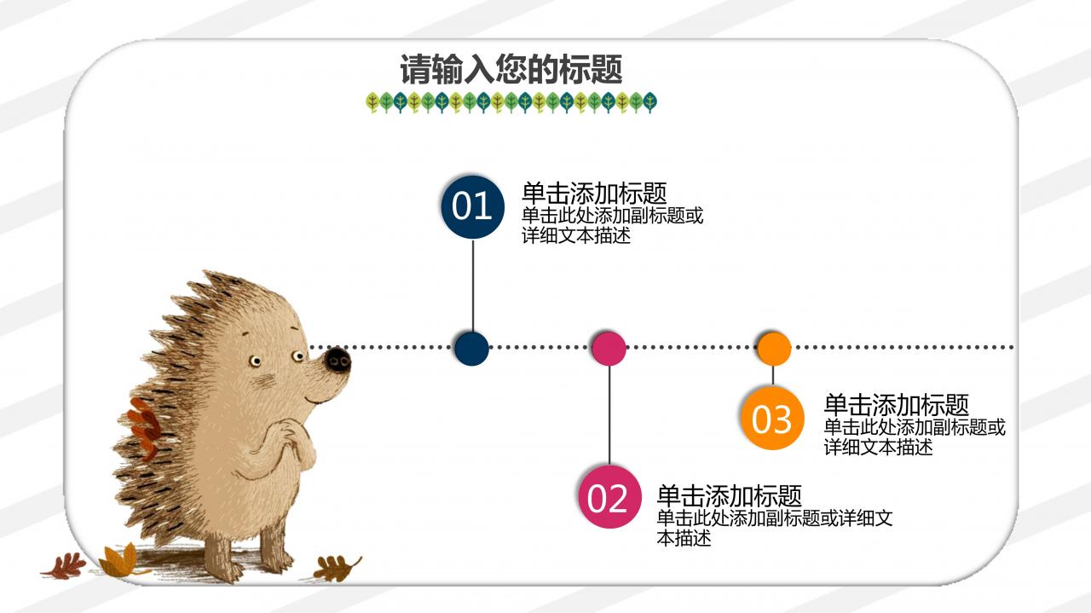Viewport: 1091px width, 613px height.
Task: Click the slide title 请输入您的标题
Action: click(511, 70)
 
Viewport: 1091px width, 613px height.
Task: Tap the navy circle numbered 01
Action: click(472, 206)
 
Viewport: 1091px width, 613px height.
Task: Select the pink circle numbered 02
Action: click(609, 497)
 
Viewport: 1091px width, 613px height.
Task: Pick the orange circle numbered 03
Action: click(772, 418)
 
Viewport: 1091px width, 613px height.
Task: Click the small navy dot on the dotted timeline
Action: click(471, 348)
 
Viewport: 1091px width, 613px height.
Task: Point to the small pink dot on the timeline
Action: click(609, 348)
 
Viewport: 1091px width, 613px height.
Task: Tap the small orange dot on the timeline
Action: click(773, 348)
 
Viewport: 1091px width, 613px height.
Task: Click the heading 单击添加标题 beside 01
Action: click(594, 193)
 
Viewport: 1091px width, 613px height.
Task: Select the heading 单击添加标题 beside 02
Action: click(730, 495)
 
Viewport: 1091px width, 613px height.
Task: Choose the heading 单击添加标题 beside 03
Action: click(896, 404)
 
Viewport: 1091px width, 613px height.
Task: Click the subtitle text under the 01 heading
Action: click(612, 225)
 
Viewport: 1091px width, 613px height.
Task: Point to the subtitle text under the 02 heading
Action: click(774, 528)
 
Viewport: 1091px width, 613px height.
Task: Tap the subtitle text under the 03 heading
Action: click(914, 437)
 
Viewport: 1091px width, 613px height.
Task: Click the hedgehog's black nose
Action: click(338, 360)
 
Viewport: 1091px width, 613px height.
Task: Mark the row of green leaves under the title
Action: click(511, 103)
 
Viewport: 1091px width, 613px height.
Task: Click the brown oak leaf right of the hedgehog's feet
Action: click(338, 567)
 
